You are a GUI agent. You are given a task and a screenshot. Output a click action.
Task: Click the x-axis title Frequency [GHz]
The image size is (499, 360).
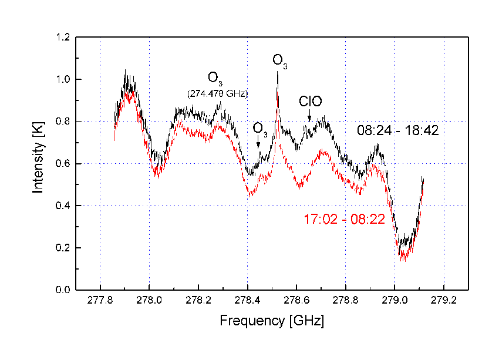point(271,321)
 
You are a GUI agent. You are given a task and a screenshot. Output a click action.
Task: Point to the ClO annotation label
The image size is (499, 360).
point(310,101)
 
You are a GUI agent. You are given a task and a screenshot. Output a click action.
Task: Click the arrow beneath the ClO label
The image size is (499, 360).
point(309,117)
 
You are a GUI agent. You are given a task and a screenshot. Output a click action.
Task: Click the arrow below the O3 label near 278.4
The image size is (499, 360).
point(258,144)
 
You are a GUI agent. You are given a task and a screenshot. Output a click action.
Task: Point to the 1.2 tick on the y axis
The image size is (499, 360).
point(64,38)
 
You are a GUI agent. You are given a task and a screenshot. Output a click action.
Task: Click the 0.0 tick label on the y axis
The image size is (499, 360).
point(64,290)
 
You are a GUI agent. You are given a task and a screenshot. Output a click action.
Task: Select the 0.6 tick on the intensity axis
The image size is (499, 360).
point(64,164)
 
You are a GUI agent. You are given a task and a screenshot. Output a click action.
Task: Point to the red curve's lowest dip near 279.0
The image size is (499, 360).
point(403,260)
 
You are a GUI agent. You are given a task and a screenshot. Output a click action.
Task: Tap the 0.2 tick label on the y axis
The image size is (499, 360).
point(64,248)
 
